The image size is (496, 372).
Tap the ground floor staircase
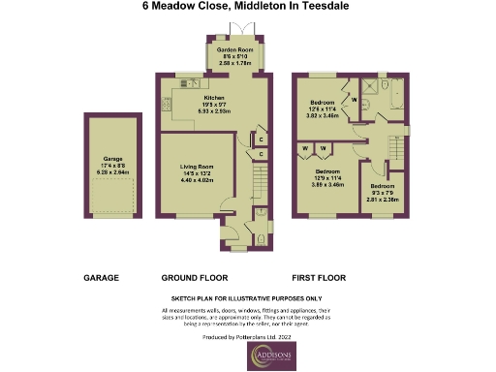(x=259, y=180)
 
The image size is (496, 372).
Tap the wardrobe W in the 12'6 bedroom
(x=354, y=98)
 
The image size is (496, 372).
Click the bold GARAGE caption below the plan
(x=101, y=277)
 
